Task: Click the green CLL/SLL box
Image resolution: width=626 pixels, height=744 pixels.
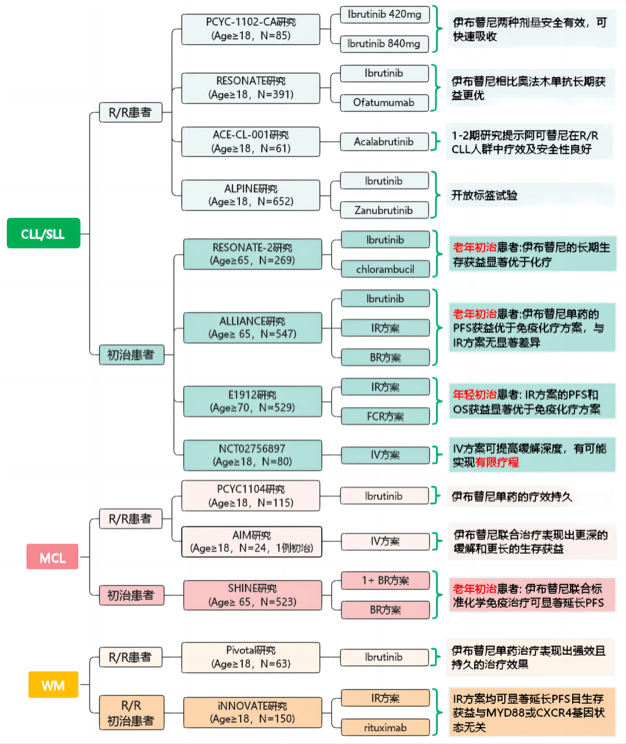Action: (43, 233)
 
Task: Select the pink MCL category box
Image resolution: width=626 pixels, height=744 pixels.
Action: (52, 557)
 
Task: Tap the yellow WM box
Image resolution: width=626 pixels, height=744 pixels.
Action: (53, 685)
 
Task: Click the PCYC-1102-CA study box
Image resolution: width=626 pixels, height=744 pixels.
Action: (250, 29)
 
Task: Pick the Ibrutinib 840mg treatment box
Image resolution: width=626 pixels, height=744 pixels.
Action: (384, 43)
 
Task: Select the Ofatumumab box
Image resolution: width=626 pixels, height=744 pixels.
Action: (384, 103)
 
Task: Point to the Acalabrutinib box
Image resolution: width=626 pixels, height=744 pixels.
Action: (384, 141)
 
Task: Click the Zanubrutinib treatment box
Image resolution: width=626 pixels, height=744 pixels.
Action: (384, 210)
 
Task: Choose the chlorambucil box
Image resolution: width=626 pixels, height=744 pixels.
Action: (385, 269)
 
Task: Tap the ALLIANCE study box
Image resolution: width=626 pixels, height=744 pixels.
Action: (252, 328)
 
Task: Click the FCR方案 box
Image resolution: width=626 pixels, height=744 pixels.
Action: (385, 416)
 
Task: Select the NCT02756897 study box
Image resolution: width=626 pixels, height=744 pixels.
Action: (252, 455)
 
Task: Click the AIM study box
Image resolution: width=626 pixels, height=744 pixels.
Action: (251, 542)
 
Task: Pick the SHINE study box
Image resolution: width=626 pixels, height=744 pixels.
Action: (252, 595)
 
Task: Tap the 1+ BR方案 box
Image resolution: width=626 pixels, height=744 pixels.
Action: (385, 580)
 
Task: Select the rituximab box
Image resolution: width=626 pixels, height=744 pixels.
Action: (385, 727)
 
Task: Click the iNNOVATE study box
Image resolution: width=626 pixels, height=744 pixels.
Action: (252, 712)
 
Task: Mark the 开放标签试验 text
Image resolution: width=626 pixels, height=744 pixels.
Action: (485, 195)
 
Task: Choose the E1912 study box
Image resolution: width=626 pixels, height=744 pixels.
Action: (252, 401)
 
